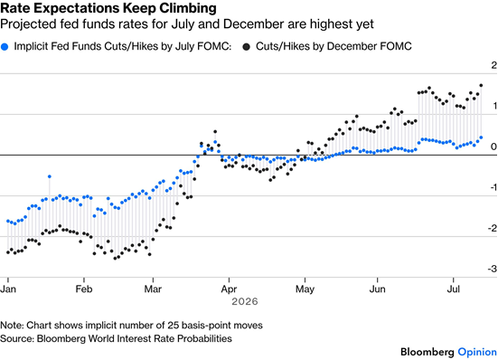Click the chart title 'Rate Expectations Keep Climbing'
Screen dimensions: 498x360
click(108, 8)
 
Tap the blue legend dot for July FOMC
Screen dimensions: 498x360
click(5, 47)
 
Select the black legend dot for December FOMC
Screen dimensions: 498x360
click(246, 47)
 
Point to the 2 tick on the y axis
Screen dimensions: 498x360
click(493, 65)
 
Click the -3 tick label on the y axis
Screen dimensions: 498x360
click(493, 269)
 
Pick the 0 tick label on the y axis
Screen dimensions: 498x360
click(493, 147)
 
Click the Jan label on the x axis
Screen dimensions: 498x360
click(8, 289)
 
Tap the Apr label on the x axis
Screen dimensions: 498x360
click(229, 289)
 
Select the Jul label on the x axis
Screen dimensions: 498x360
click(453, 289)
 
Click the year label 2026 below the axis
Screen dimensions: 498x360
click(245, 301)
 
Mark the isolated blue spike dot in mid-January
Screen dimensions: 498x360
click(49, 176)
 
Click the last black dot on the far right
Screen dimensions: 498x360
click(481, 85)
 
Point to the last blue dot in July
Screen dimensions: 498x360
click(481, 137)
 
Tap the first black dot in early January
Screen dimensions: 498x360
click(8, 252)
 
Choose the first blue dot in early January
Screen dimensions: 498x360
click(8, 221)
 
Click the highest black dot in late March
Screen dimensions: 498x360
click(215, 131)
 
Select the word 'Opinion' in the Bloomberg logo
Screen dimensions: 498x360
click(477, 352)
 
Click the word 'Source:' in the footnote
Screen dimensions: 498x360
click(17, 338)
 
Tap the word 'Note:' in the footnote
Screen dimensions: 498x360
click(12, 326)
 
